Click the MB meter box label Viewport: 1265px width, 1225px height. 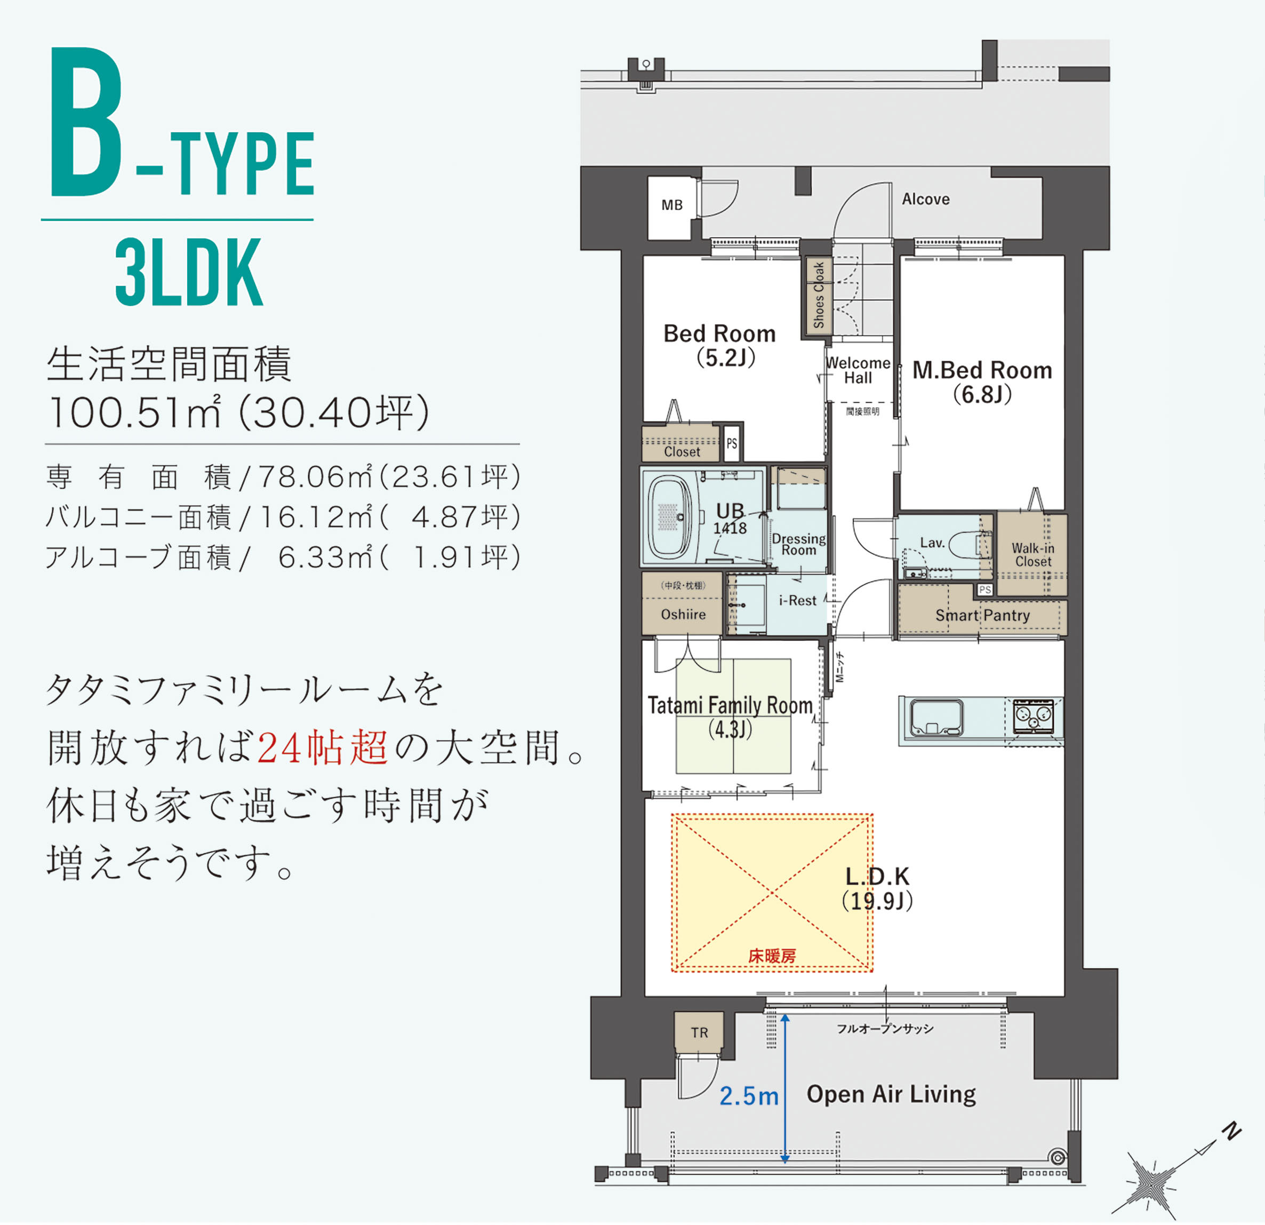(672, 205)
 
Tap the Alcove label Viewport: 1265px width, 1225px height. (925, 200)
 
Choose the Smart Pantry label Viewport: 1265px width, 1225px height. (982, 615)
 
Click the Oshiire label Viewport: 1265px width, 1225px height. (683, 614)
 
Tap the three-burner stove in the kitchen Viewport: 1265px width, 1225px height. (1034, 715)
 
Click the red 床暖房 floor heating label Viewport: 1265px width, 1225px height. (772, 956)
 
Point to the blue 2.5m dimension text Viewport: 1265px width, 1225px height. (749, 1096)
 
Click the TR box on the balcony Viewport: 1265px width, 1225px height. (699, 1032)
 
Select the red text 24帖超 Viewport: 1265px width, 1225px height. (323, 748)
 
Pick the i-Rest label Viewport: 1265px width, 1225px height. (797, 601)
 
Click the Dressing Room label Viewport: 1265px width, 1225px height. (798, 544)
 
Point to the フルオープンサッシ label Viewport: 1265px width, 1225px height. (885, 1029)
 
